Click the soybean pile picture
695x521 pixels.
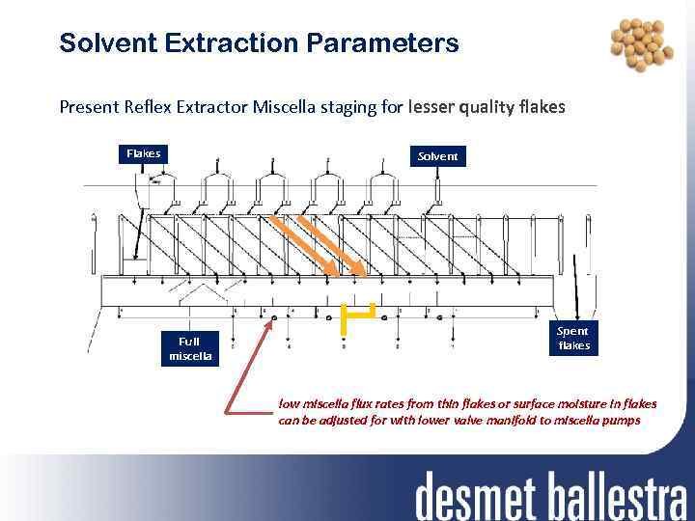click(641, 47)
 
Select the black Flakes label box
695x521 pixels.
click(144, 153)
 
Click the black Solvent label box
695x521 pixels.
click(438, 155)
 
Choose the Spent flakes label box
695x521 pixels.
click(573, 338)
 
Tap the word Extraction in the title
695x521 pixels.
click(236, 43)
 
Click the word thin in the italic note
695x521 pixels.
click(452, 403)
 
